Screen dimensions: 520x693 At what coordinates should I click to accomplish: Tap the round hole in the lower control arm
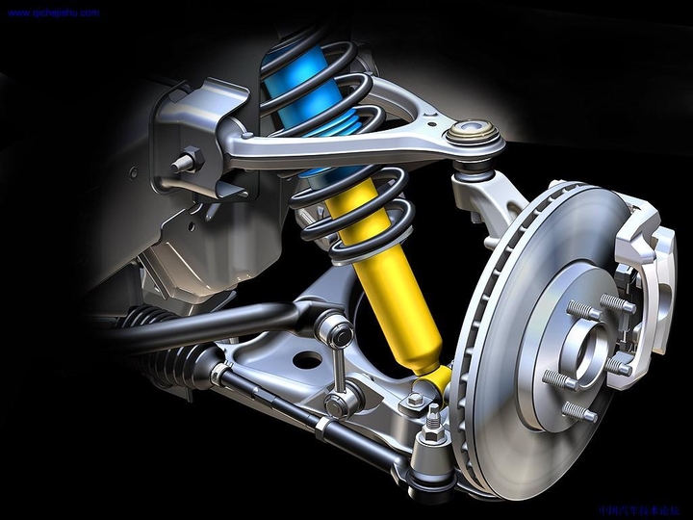[x=306, y=361]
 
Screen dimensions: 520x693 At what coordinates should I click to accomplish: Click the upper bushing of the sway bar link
[x=334, y=331]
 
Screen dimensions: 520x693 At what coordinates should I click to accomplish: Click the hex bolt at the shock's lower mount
[x=416, y=399]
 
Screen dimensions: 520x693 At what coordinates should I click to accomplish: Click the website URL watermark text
[x=53, y=13]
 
